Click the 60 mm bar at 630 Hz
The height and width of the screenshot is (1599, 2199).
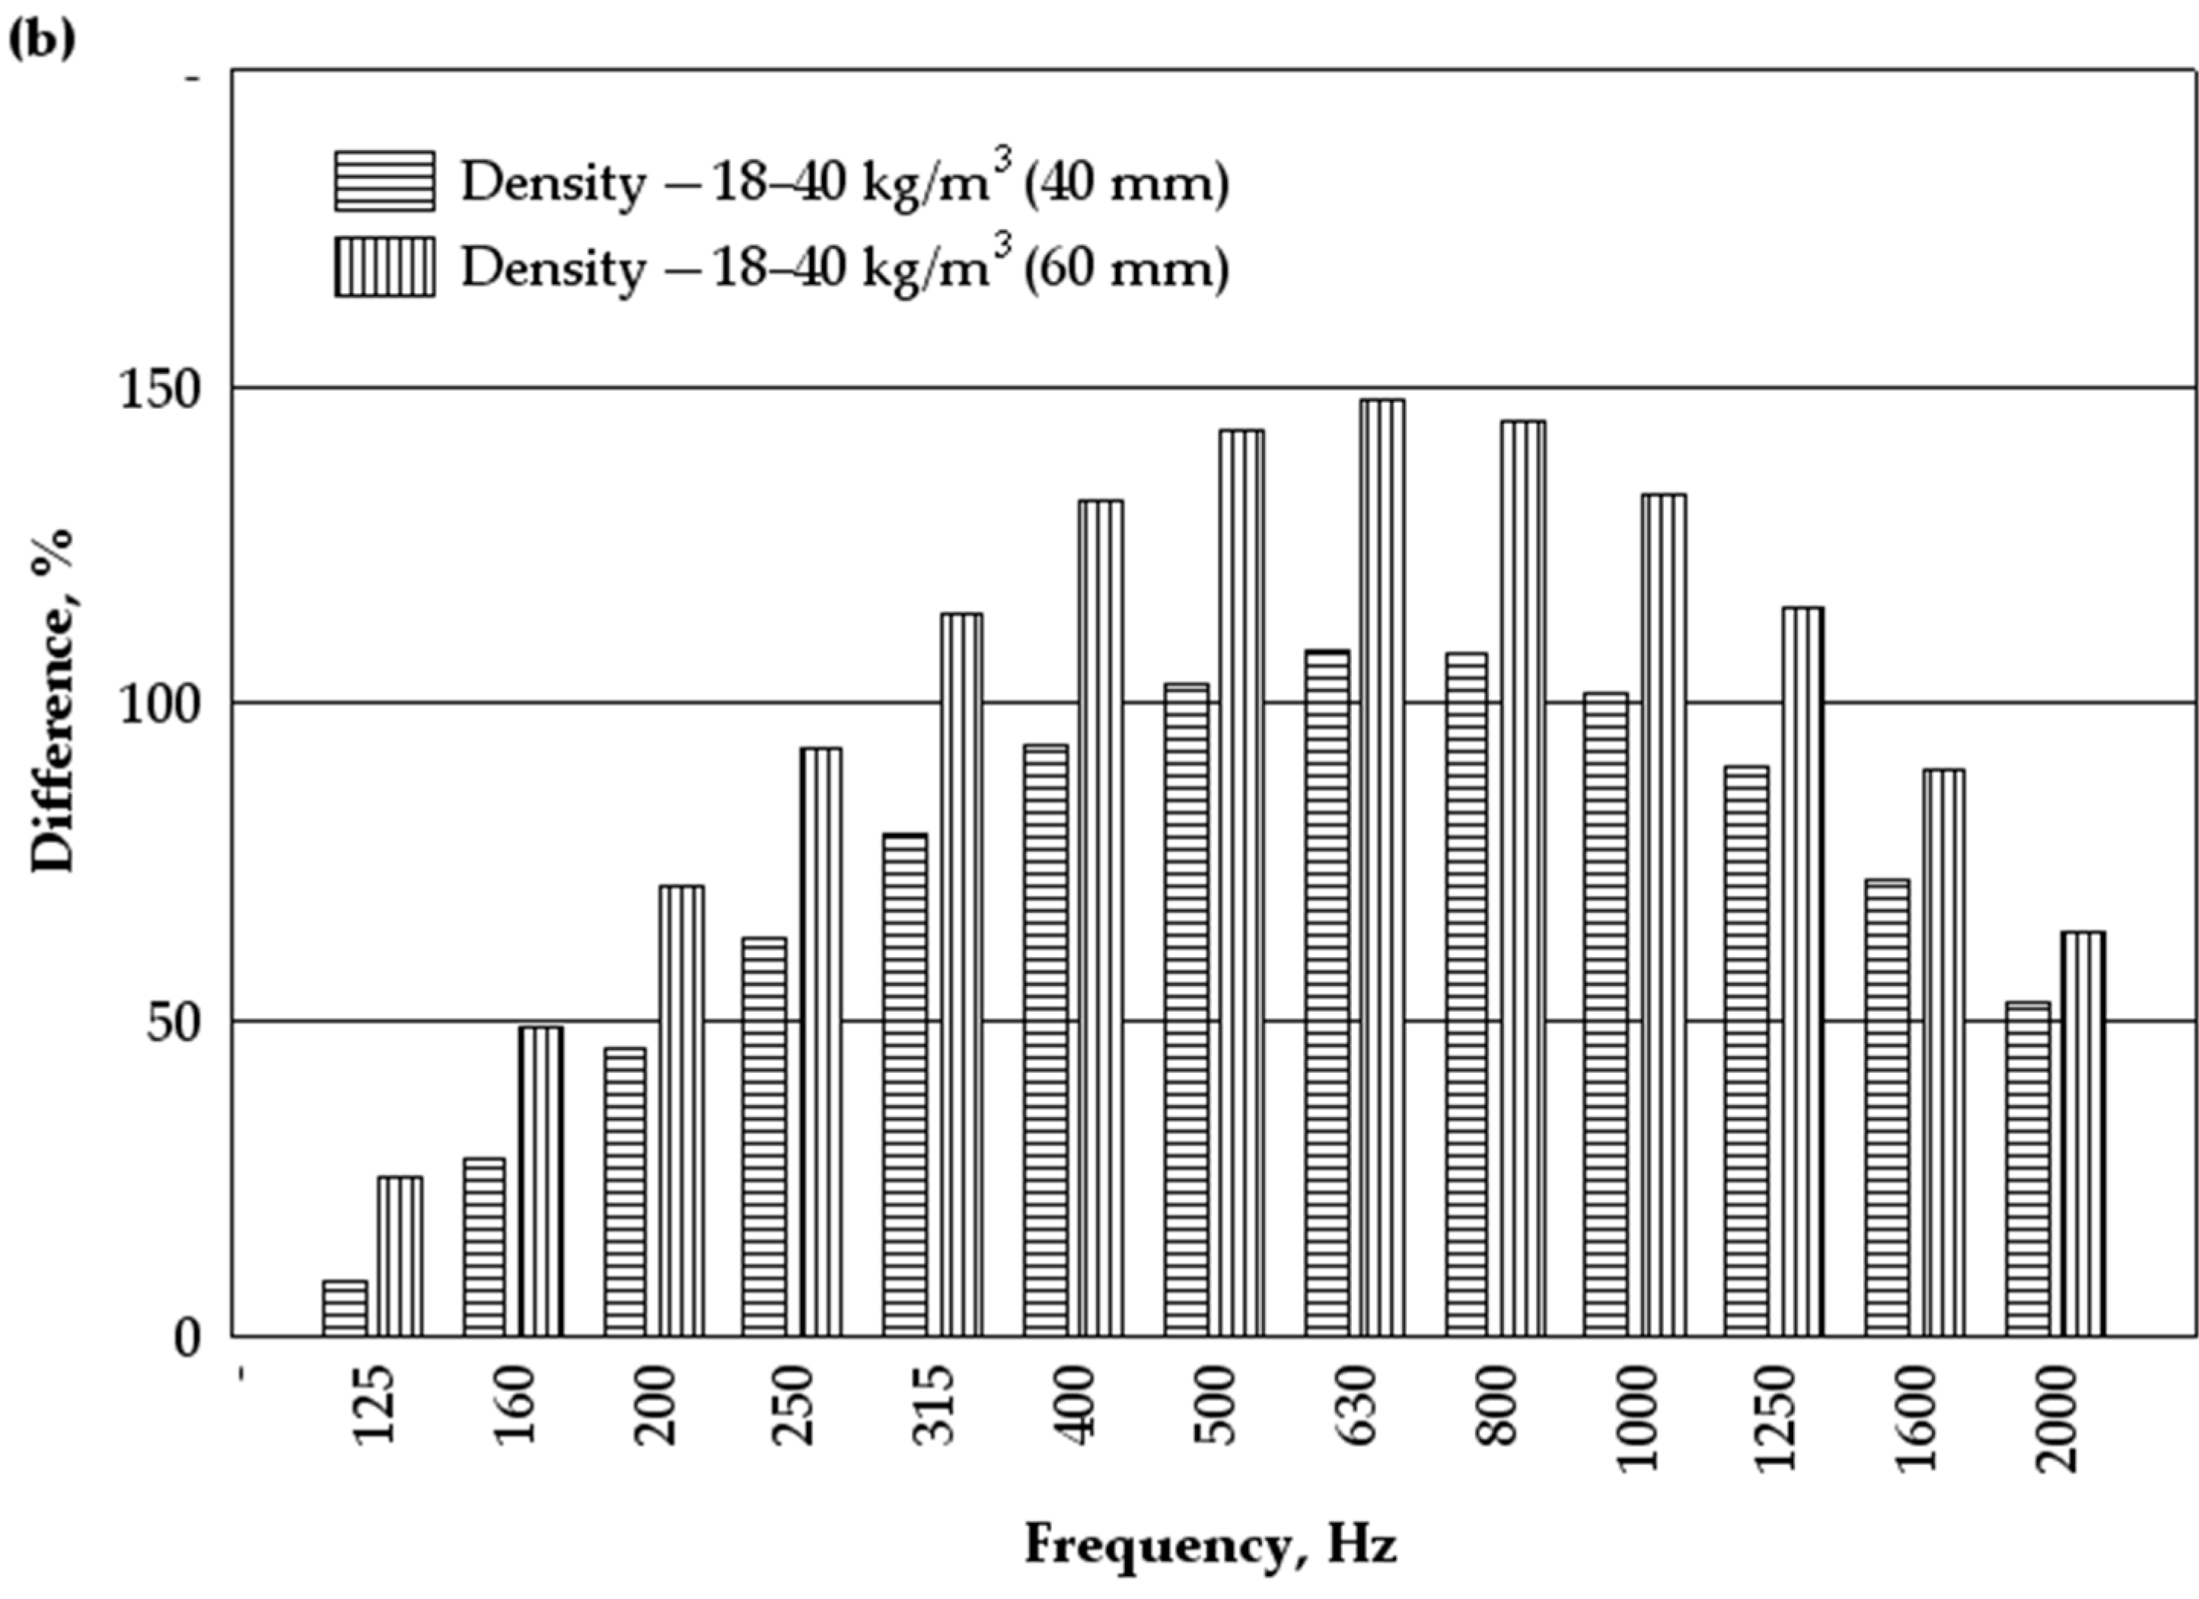click(x=1382, y=868)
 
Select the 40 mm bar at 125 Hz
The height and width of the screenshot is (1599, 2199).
click(x=344, y=1308)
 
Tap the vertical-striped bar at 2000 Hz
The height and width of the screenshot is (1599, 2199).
click(x=2083, y=1134)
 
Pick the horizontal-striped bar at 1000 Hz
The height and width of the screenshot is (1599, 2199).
click(x=1605, y=1014)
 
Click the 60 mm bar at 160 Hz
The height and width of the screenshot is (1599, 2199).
click(x=540, y=1181)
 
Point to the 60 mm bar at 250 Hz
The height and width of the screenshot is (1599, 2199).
click(x=821, y=1042)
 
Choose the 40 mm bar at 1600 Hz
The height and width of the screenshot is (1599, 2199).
click(x=1887, y=1107)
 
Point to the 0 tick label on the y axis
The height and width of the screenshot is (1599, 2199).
click(x=187, y=1339)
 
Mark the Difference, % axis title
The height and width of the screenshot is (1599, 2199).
click(x=53, y=700)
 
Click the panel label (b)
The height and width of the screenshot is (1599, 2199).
click(x=41, y=40)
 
